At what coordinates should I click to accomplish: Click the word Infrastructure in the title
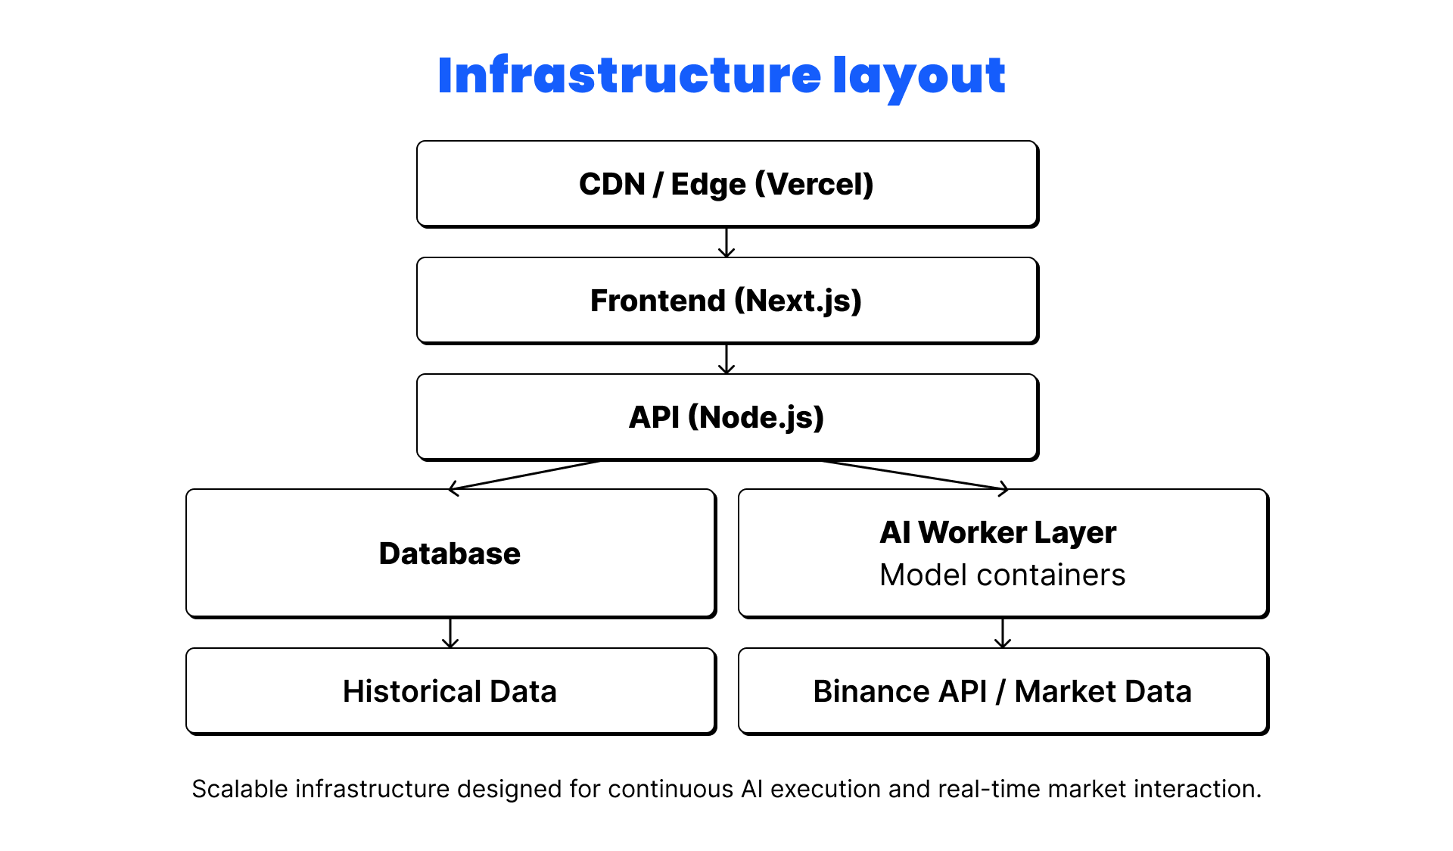pyautogui.click(x=629, y=76)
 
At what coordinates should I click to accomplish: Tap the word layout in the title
pyautogui.click(x=919, y=77)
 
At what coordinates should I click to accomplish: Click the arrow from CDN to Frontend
pyautogui.click(x=726, y=243)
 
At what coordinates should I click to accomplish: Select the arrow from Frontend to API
pyautogui.click(x=726, y=360)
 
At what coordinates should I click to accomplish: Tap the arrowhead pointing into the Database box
pyautogui.click(x=454, y=488)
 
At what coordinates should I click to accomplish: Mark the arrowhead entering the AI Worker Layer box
pyautogui.click(x=1003, y=488)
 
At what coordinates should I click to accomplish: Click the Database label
pyautogui.click(x=450, y=553)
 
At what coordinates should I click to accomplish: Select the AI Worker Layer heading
pyautogui.click(x=997, y=532)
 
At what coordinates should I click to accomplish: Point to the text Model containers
pyautogui.click(x=1002, y=575)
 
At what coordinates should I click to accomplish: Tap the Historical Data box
pyautogui.click(x=450, y=691)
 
